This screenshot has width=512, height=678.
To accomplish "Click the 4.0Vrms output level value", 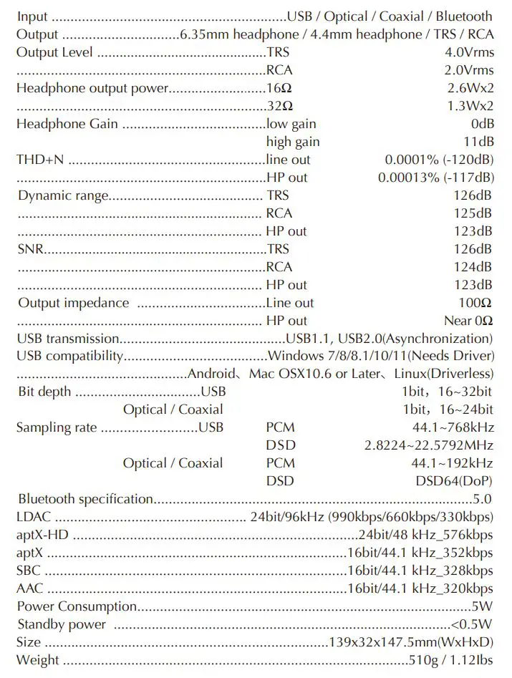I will pyautogui.click(x=469, y=52).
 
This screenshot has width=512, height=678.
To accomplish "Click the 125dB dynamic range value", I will pyautogui.click(x=473, y=213).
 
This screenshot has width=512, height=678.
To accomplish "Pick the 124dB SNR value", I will pyautogui.click(x=473, y=267).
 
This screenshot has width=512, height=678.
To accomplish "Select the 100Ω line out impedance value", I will pyautogui.click(x=475, y=303).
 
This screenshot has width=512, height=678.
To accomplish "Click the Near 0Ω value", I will pyautogui.click(x=468, y=321).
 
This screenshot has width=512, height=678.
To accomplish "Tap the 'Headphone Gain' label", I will pyautogui.click(x=67, y=124).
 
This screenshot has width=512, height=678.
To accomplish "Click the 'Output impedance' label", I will pyautogui.click(x=74, y=303).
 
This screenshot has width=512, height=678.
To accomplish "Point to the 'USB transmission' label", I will pyautogui.click(x=67, y=339).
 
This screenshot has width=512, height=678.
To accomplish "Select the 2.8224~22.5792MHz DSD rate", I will pyautogui.click(x=428, y=445).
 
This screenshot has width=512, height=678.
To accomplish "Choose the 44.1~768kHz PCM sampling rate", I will pyautogui.click(x=452, y=427).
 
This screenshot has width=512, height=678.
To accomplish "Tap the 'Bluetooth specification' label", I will pyautogui.click(x=85, y=499).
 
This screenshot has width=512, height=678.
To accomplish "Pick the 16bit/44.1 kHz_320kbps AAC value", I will pyautogui.click(x=420, y=589).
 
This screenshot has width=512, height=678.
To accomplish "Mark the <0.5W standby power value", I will pyautogui.click(x=472, y=624).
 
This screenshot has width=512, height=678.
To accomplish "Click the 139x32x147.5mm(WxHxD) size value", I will pyautogui.click(x=410, y=642).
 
